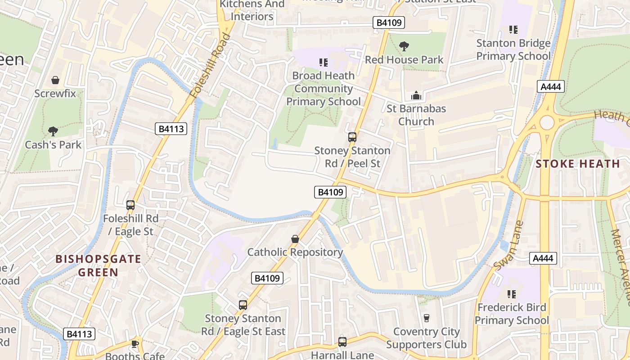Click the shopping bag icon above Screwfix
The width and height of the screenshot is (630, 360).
click(x=55, y=81)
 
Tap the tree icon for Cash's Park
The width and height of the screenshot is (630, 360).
click(x=53, y=131)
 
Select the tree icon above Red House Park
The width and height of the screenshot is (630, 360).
click(x=404, y=46)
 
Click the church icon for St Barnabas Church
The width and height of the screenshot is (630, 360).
click(x=416, y=95)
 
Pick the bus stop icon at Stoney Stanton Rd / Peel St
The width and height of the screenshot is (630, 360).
click(x=352, y=137)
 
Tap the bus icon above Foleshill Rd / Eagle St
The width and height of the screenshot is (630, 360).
click(x=130, y=205)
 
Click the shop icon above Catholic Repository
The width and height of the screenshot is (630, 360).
click(x=295, y=239)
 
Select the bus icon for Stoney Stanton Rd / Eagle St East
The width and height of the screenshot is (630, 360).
click(x=243, y=305)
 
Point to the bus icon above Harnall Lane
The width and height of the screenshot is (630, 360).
click(x=342, y=342)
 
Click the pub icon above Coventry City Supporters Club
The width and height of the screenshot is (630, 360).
click(x=426, y=318)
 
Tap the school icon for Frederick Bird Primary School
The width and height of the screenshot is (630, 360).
click(x=512, y=294)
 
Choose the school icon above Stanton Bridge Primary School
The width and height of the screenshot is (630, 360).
click(x=513, y=30)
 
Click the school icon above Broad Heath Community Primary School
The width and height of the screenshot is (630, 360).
click(x=323, y=62)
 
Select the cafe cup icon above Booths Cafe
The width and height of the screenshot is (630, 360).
click(x=135, y=344)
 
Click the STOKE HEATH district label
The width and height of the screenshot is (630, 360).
click(x=578, y=164)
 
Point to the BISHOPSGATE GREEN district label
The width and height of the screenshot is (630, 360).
click(x=98, y=265)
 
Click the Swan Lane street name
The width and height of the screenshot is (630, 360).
click(x=509, y=246)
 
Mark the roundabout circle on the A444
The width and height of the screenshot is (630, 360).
click(x=547, y=122)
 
